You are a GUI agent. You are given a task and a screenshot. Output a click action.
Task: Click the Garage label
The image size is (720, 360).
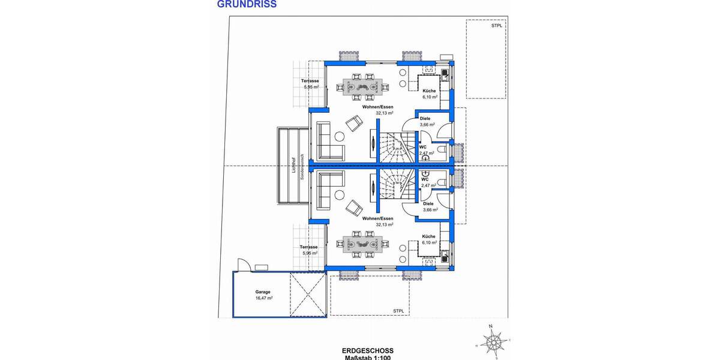coord(262,292)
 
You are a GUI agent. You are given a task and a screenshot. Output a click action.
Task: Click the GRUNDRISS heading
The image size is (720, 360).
coord(247,4)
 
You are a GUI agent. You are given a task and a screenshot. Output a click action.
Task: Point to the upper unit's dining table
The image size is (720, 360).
coord(364,87)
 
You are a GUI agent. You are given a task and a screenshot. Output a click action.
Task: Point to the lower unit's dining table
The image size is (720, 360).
coord(364,243)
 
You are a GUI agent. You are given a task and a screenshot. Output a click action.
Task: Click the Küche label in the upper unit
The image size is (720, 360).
coord(429,91)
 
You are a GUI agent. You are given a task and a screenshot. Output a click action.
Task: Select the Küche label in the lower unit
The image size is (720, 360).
coord(428,236)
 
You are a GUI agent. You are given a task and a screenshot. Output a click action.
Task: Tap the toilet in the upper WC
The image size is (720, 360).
coord(442,151)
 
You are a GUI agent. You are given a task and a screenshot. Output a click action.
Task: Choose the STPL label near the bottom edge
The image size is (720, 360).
coord(398,311)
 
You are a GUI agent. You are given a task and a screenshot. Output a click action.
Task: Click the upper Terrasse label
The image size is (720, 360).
coord(310,81)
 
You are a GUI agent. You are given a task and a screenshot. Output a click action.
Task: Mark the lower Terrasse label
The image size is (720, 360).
coord(309,247)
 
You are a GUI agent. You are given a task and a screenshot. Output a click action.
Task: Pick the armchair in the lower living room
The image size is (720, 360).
coord(353,207)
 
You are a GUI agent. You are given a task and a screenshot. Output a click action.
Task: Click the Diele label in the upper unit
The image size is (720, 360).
coord(425,119)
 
